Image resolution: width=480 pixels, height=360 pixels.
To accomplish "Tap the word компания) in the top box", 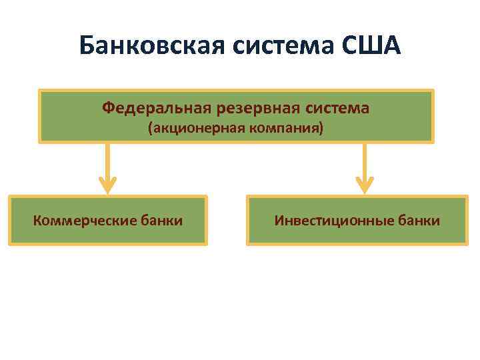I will (286, 128).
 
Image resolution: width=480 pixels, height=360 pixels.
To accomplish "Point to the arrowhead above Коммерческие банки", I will (108, 185).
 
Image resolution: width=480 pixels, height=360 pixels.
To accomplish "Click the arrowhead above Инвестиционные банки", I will (365, 185).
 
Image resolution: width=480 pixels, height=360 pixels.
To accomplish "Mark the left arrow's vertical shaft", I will (108, 160).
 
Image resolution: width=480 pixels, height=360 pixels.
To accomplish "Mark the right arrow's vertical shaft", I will (365, 160).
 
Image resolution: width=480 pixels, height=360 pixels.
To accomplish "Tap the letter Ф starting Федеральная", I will (108, 107).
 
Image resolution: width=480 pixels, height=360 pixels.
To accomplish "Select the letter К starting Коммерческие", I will (37, 220).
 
